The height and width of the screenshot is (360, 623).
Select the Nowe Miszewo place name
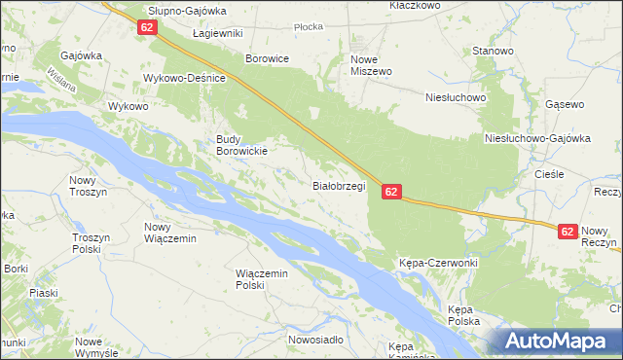[370, 65]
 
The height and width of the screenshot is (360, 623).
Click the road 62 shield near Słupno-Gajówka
[147, 28]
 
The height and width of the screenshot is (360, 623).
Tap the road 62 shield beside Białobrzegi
[390, 193]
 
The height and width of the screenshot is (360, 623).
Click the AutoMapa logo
[560, 342]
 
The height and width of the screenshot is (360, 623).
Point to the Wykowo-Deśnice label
[185, 78]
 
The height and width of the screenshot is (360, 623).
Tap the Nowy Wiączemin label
[170, 233]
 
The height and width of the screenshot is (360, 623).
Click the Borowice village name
[268, 58]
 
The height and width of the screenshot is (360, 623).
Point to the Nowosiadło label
[315, 340]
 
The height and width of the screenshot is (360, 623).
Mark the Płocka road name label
[308, 27]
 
